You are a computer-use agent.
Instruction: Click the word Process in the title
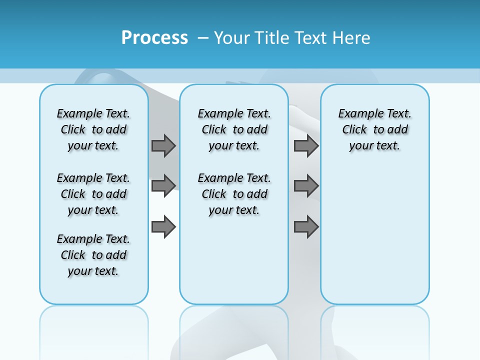click(x=154, y=37)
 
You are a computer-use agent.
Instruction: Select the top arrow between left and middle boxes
click(x=163, y=145)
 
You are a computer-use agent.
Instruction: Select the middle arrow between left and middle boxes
click(x=163, y=186)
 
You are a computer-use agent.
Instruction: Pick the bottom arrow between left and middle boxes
click(x=163, y=226)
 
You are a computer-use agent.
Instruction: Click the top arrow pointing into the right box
click(x=306, y=145)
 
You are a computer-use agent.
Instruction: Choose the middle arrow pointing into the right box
click(x=306, y=186)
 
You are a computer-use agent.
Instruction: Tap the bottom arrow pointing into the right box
click(x=306, y=226)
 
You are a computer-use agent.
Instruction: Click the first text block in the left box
click(x=93, y=129)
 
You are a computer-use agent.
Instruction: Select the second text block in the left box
click(x=93, y=194)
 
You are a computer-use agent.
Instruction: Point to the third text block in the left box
click(x=93, y=255)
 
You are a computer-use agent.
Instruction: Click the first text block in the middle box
click(x=234, y=129)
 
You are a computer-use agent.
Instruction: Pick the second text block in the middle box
click(x=234, y=194)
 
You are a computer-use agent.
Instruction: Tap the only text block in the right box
click(x=374, y=129)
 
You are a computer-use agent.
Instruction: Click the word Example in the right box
click(x=356, y=114)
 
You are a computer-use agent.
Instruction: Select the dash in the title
click(x=203, y=37)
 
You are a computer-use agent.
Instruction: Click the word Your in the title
click(x=232, y=37)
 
